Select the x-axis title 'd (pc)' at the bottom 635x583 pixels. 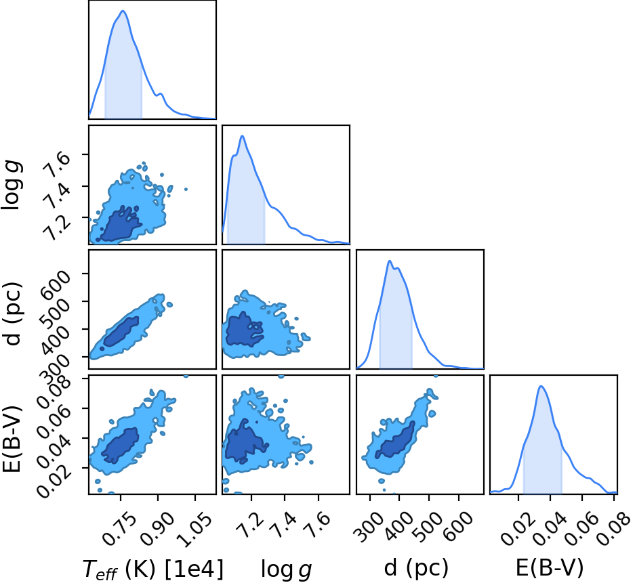coord(416,568)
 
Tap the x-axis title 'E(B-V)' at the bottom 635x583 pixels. coord(550,567)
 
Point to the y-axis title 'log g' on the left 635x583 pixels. coord(12,185)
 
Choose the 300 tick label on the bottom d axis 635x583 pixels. coord(368,526)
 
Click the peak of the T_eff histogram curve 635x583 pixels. coord(123,11)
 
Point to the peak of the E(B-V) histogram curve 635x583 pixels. coord(541,386)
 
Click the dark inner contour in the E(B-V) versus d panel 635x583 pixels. coord(395,440)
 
